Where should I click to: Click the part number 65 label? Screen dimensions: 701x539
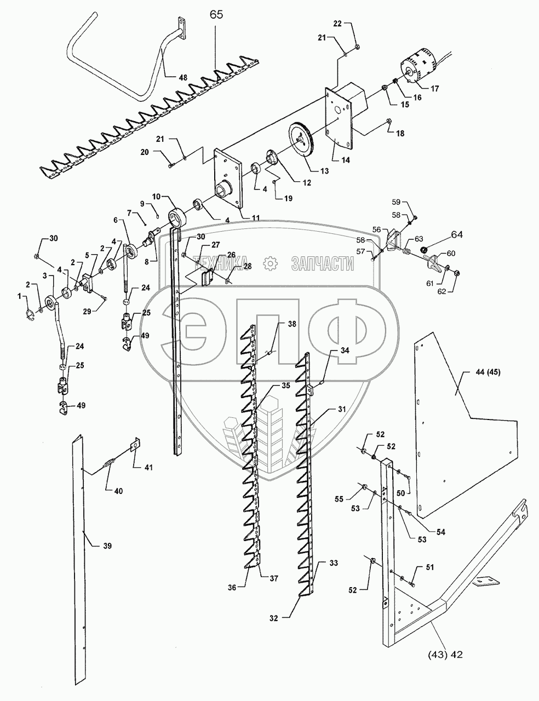point(216,15)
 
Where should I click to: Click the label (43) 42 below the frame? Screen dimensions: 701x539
point(447,653)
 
